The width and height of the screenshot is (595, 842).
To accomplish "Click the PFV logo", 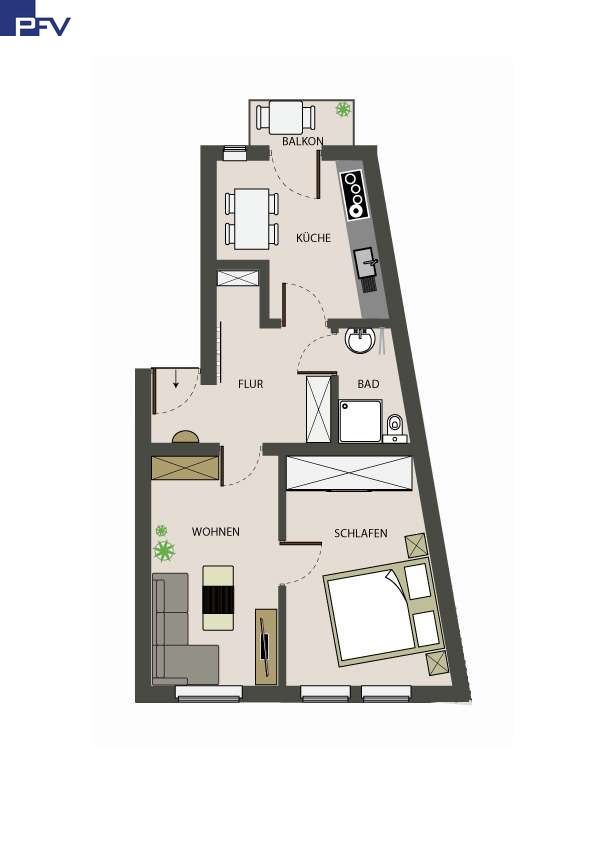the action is [x=35, y=18].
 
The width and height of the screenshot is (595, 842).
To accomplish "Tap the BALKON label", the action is [x=303, y=141].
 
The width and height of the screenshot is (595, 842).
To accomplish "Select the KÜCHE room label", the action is [x=313, y=237].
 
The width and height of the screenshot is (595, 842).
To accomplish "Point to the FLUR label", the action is [x=250, y=384].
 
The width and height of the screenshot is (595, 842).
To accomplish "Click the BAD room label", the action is [x=368, y=384].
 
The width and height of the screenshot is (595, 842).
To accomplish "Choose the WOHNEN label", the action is [x=216, y=532].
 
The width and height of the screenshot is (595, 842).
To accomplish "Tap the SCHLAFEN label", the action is [x=361, y=533].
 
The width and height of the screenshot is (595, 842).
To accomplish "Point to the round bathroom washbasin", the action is [x=360, y=340].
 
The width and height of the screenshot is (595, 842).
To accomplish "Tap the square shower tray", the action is [x=360, y=421].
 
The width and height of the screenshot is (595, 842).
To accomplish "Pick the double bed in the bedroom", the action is [x=384, y=611].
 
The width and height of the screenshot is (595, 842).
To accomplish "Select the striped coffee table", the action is [x=218, y=598].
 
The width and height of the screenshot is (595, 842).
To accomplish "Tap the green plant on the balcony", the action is [x=343, y=110].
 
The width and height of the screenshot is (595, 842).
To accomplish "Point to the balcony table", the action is [x=285, y=117].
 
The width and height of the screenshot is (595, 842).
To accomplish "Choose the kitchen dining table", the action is [x=252, y=219].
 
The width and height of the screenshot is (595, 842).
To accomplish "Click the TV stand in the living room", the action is [x=266, y=647].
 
